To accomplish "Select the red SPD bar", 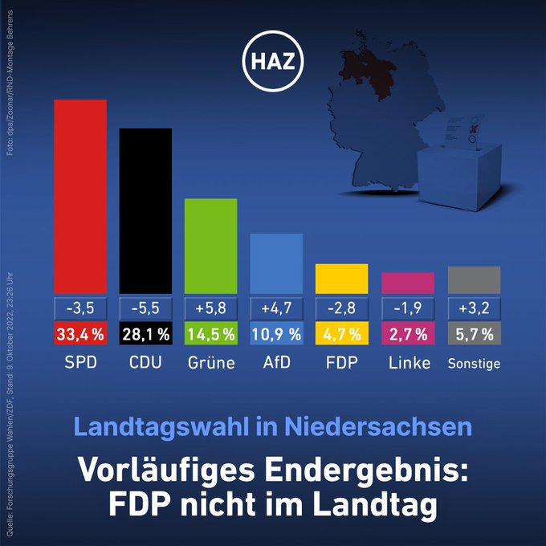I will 79,197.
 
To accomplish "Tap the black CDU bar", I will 145,210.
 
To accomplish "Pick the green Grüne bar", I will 210,246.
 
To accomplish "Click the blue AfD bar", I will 276,263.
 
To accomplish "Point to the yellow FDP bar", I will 341,279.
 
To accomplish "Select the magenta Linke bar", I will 407,283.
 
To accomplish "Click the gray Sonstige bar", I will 474,279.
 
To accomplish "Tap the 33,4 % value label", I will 79,333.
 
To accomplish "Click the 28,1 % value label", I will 145,333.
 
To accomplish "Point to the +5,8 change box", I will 210,308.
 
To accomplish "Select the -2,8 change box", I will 341,308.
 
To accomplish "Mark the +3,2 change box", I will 474,308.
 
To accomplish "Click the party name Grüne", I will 210,363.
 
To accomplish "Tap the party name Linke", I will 408,363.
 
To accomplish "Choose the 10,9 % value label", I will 276,333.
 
